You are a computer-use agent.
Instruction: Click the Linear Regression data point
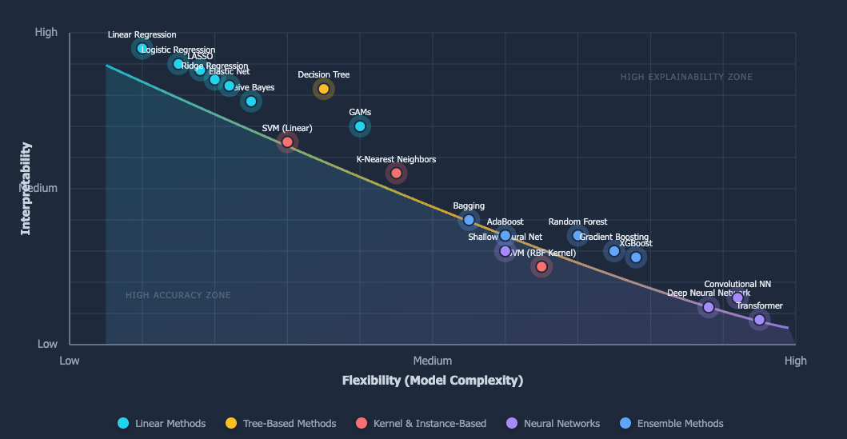coord(142,49)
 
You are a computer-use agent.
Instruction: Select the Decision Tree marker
coord(324,89)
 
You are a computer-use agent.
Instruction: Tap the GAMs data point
coord(360,126)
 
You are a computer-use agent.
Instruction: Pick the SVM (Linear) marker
coord(287,142)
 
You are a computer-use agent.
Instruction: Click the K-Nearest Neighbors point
coord(396,173)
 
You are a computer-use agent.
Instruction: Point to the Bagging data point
coord(469,220)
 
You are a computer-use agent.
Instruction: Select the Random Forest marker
coord(577,235)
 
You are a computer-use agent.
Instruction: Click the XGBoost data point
coord(636,257)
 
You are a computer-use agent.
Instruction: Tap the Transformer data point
coord(759,320)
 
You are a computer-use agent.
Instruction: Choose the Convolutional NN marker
coord(737,298)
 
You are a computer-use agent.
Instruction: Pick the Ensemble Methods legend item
coord(672,424)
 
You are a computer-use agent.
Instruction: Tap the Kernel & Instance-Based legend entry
coord(422,424)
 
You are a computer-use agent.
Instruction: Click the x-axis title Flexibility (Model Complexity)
coord(432,381)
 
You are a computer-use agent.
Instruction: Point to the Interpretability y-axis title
coord(26,189)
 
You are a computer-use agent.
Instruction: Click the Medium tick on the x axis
coord(433,361)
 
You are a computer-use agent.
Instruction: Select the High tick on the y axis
coord(46,33)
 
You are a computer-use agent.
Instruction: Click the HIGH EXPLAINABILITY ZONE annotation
coord(686,78)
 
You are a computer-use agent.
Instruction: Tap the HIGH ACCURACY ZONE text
coord(178,296)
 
